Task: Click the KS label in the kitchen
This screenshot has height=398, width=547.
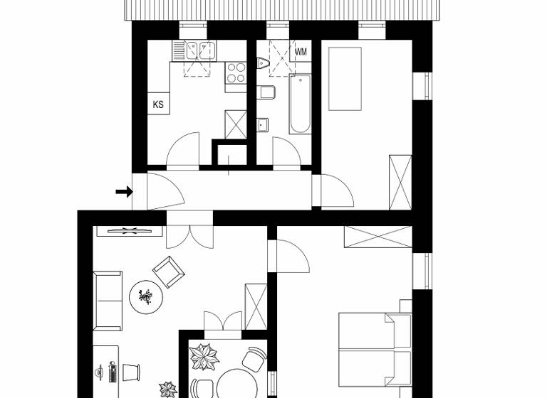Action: tap(158, 104)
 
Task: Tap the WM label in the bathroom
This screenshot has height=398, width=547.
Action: tap(301, 52)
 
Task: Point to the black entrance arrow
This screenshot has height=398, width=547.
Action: tap(125, 191)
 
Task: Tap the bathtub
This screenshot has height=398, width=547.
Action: tap(301, 104)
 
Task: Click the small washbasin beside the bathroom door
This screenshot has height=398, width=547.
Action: tap(262, 125)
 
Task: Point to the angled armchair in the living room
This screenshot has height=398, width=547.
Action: tap(169, 271)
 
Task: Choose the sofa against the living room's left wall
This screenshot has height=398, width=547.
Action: tap(108, 301)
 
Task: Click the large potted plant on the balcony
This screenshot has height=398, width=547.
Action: tap(206, 356)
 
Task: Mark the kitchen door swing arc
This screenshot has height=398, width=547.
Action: tap(183, 149)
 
